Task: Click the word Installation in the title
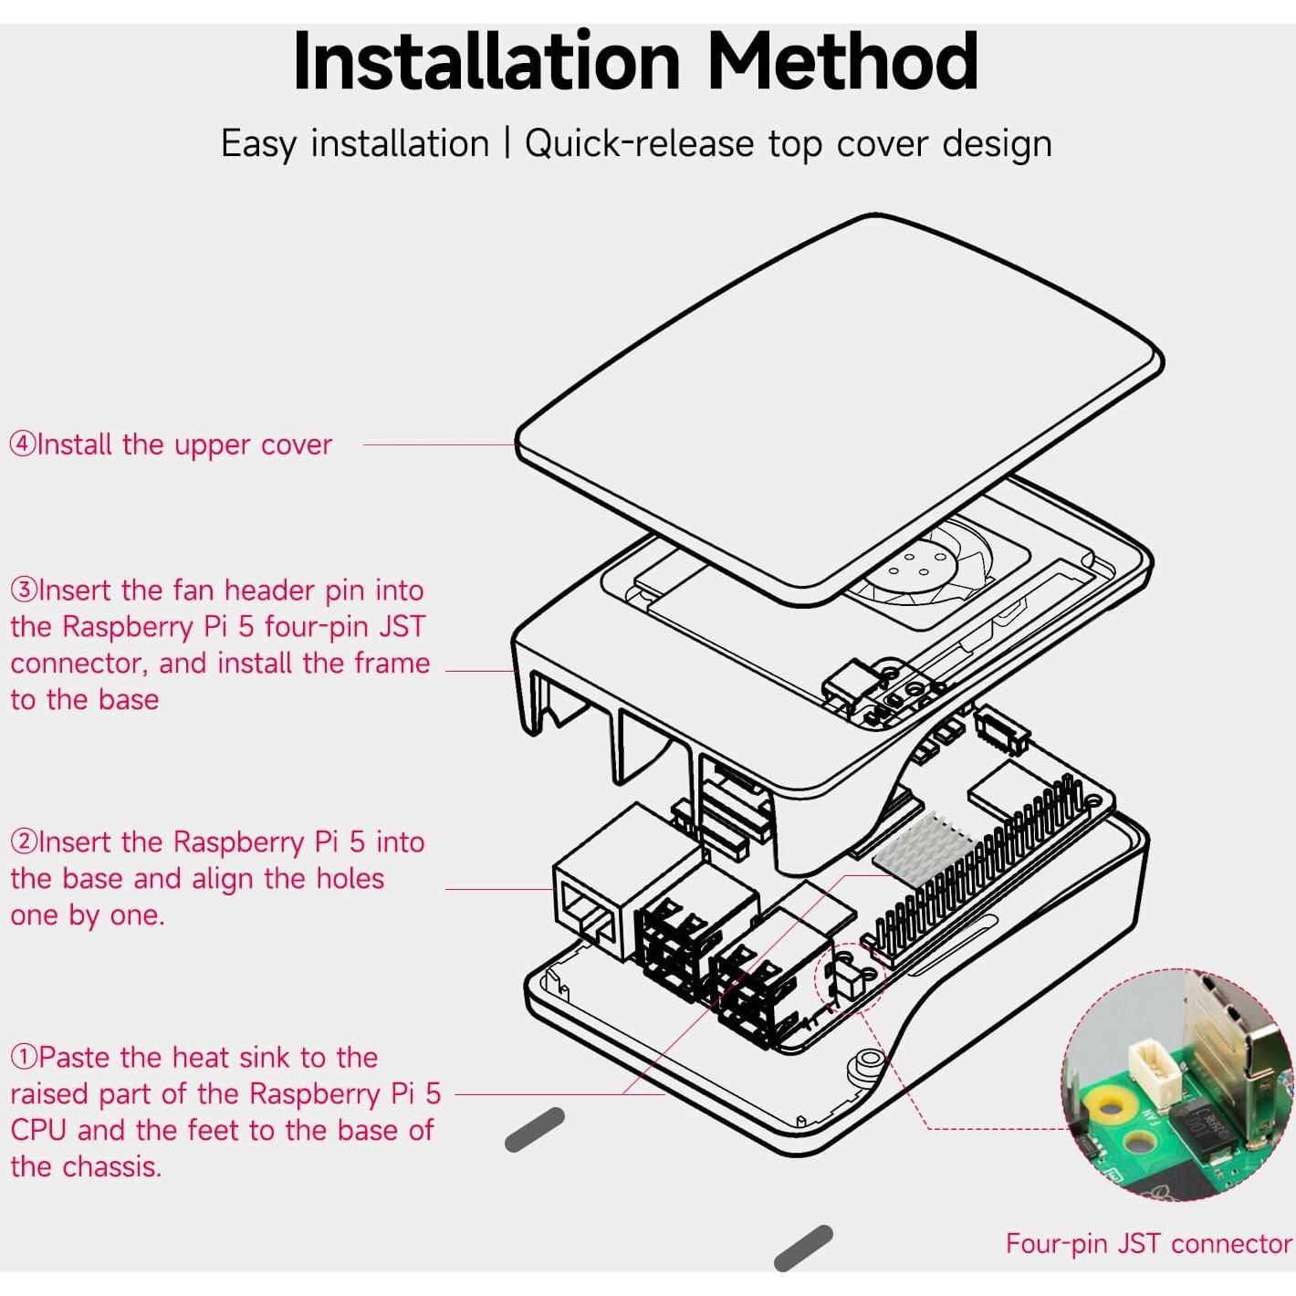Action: coord(486,62)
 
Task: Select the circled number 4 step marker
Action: coord(23,444)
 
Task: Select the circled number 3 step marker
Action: coord(24,591)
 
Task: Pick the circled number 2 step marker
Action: coord(24,841)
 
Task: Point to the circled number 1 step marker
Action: coord(24,1057)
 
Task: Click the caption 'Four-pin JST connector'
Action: coord(1148,1243)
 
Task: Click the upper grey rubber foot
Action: coord(535,1129)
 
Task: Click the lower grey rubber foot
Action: coord(803,1248)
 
